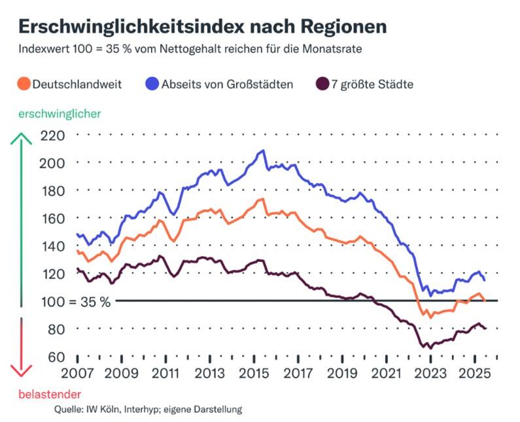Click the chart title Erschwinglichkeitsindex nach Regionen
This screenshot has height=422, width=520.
click(201, 25)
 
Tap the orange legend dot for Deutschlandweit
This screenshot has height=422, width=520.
click(24, 84)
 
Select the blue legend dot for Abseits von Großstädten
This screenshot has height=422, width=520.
click(152, 84)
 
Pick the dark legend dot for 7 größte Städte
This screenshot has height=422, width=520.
click(322, 84)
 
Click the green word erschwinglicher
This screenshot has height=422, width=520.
click(60, 114)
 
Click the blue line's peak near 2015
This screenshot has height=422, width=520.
click(263, 151)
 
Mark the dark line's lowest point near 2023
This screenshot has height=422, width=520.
click(430, 348)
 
